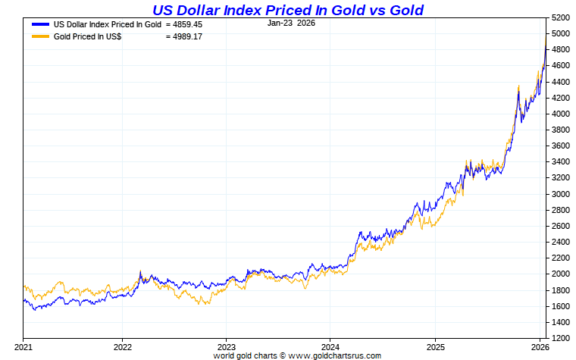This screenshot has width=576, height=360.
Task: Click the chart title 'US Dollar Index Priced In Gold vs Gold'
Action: click(x=287, y=10)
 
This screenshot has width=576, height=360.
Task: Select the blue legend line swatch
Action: click(x=41, y=24)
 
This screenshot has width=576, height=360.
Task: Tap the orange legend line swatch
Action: click(x=41, y=36)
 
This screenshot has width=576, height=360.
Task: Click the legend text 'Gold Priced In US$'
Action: click(x=88, y=36)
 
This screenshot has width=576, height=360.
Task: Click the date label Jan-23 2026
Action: click(x=291, y=23)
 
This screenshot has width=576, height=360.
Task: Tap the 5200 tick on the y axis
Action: click(x=562, y=17)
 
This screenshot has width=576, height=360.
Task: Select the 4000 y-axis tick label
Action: click(x=562, y=114)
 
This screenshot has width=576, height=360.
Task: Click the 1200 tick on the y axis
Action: click(x=562, y=338)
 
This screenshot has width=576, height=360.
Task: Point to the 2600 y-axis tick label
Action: click(x=562, y=226)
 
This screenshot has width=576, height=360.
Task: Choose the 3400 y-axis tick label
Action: click(x=562, y=161)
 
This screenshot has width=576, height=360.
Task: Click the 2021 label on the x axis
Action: click(x=24, y=346)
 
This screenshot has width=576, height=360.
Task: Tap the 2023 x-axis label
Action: click(x=226, y=346)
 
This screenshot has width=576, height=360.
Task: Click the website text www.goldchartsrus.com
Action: click(x=335, y=355)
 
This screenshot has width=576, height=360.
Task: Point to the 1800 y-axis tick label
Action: click(x=562, y=290)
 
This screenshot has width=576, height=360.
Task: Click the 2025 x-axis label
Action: click(x=435, y=346)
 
